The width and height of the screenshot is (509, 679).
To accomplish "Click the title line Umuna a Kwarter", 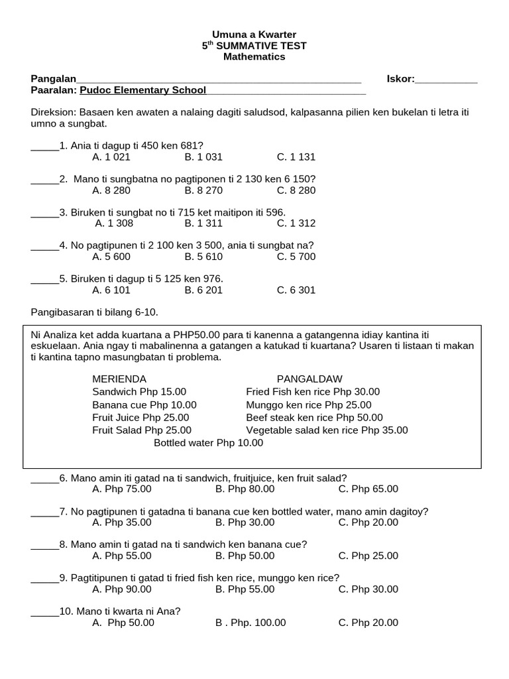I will click(x=254, y=34).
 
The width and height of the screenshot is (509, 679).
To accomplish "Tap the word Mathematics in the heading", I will click(x=254, y=57).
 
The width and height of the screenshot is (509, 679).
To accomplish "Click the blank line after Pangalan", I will click(x=219, y=80).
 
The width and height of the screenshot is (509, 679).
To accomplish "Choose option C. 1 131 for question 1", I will click(x=296, y=157).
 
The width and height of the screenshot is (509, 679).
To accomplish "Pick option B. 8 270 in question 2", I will click(x=203, y=190).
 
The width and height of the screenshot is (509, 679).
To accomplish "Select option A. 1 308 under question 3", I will click(x=114, y=223).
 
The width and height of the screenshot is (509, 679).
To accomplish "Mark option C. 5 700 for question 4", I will click(x=296, y=257).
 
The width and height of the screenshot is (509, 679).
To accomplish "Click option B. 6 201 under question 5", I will click(x=203, y=290).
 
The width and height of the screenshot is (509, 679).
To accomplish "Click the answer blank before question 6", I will click(x=45, y=478).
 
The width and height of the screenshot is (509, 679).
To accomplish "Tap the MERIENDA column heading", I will click(x=119, y=379).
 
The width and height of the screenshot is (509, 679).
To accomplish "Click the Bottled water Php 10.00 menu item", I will click(x=208, y=443).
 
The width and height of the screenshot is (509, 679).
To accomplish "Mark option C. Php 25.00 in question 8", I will click(x=368, y=556).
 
